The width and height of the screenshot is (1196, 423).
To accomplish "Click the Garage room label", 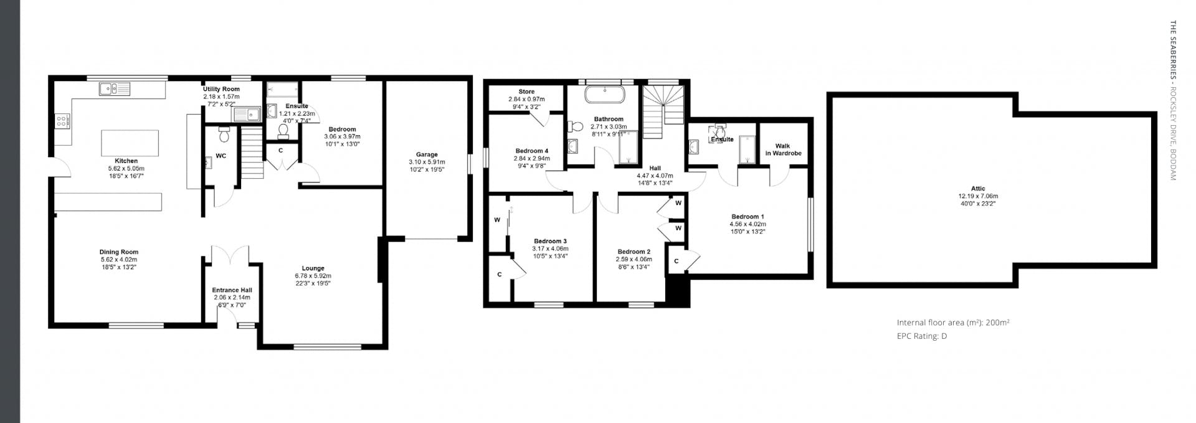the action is point(427,154).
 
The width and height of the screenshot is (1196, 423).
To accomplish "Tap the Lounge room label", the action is point(313,269).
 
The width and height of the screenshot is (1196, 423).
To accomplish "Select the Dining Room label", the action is point(119,252).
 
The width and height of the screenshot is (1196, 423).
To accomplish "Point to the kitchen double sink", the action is point(115,89).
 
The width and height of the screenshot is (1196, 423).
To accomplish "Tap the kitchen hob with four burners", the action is point(63,121).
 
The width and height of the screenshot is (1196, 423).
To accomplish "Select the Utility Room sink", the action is point(247,115).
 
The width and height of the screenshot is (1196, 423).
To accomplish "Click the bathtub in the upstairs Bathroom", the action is point(605,95).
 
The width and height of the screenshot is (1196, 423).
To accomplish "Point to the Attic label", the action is point(978,189).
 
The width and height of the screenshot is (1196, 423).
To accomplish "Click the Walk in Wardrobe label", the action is point(783,150).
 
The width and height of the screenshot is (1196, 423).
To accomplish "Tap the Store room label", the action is point(526,92).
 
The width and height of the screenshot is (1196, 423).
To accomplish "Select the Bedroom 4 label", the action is point(532,151).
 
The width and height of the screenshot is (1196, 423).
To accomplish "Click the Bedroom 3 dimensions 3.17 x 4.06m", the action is point(550,249).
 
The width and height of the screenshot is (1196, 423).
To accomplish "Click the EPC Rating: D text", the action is point(922,336).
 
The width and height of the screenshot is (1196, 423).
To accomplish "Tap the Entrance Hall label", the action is point(232,290).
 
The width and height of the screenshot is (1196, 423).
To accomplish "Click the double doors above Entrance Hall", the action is point(230,254).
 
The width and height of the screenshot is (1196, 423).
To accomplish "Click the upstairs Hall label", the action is point(655,168).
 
